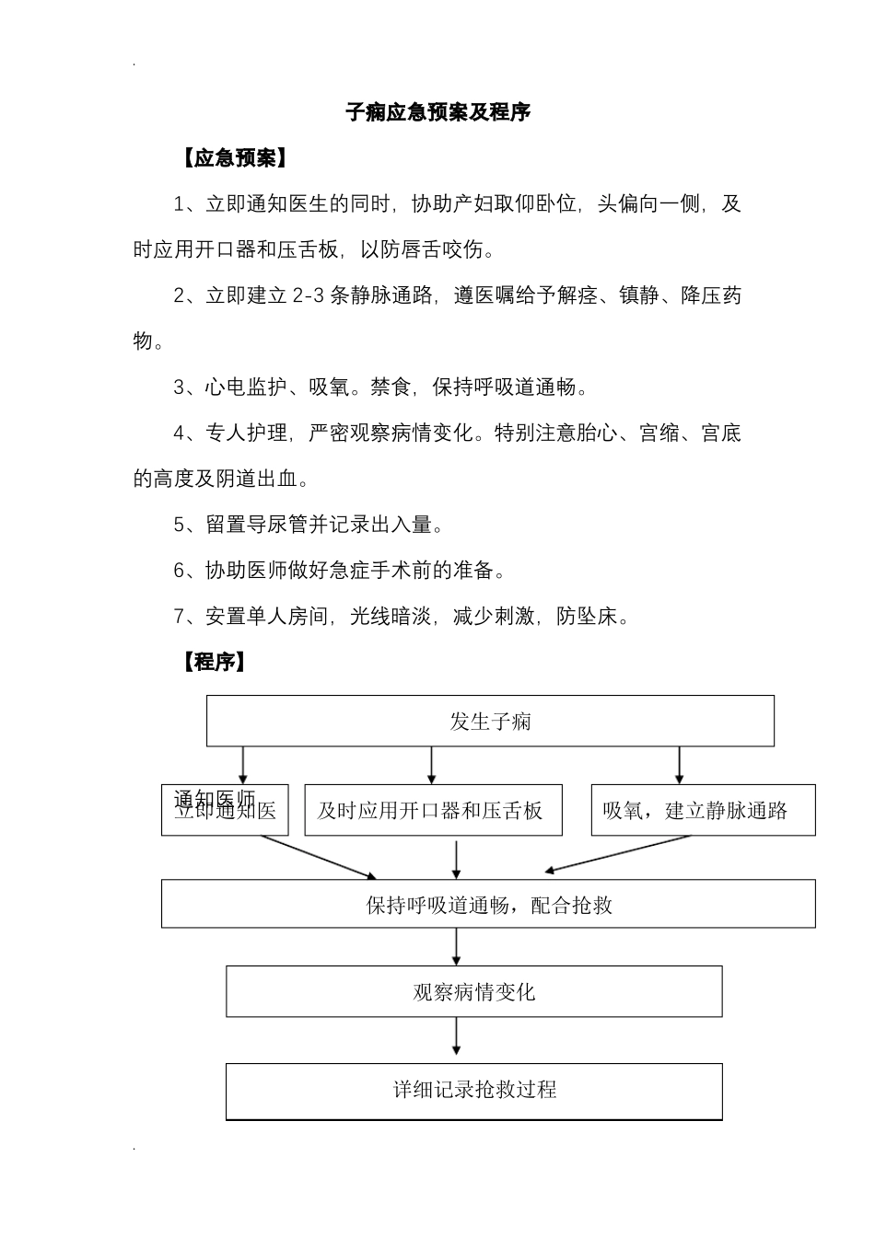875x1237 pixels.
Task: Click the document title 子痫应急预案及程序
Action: coord(437,112)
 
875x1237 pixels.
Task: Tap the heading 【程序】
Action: coord(213,662)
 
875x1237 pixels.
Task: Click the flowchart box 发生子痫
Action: coord(490,721)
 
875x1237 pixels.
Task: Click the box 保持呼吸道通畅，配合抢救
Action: coord(488,905)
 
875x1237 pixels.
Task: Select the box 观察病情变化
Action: coord(473,992)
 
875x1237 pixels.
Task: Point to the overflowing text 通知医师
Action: coord(215,797)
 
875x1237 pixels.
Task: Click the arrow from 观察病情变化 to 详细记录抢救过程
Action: coord(457,1039)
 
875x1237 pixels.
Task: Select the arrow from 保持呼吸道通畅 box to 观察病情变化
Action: coord(457,945)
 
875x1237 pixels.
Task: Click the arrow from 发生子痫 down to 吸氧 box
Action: coord(680,764)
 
